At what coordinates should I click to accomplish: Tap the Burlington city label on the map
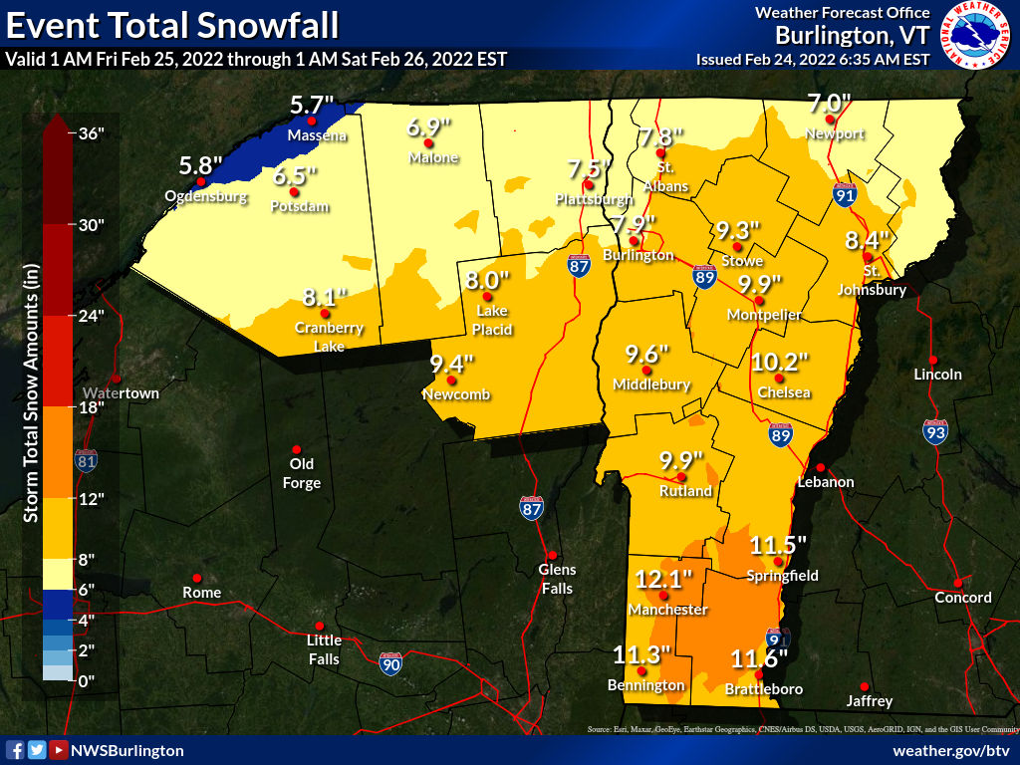tap(637, 256)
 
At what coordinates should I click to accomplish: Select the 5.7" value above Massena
tap(312, 104)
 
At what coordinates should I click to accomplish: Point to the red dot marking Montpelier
tap(759, 301)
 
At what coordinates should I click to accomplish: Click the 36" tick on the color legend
tap(92, 133)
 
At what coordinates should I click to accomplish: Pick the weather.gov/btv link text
tap(951, 750)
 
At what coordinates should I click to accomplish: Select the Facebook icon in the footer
tap(15, 750)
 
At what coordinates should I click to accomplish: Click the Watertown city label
tap(121, 393)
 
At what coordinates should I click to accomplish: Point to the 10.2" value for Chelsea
tap(780, 362)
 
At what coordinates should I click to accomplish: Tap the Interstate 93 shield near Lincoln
tap(934, 431)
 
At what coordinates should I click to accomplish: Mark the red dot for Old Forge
tap(297, 449)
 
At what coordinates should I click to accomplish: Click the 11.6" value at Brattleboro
tap(760, 658)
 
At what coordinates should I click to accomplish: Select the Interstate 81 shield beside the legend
tap(87, 460)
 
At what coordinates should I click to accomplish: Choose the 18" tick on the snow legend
tap(92, 407)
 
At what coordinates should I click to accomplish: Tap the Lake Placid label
tap(493, 321)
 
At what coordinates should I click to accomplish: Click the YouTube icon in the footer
tap(59, 750)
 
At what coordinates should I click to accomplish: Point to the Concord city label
tap(962, 598)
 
